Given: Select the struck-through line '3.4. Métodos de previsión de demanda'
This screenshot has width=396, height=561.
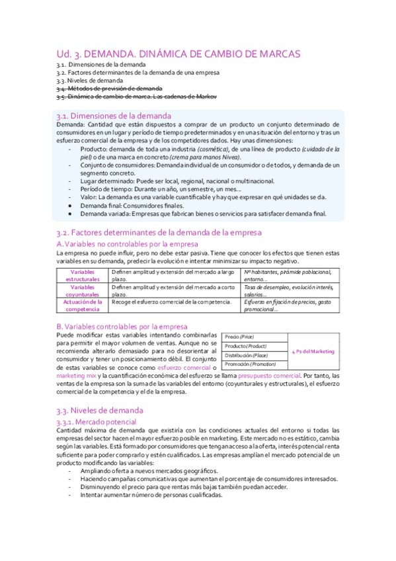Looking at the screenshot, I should (x=109, y=88).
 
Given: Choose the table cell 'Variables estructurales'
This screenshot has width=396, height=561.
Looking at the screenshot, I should (x=82, y=275).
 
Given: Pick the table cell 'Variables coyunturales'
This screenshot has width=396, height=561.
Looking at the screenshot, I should (x=82, y=290).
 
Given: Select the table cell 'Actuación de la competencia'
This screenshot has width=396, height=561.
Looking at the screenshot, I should (x=82, y=306).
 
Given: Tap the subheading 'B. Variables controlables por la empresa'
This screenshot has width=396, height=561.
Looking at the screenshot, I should (x=122, y=326).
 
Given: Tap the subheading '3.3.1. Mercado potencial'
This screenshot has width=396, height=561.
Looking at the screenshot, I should (x=97, y=421).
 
